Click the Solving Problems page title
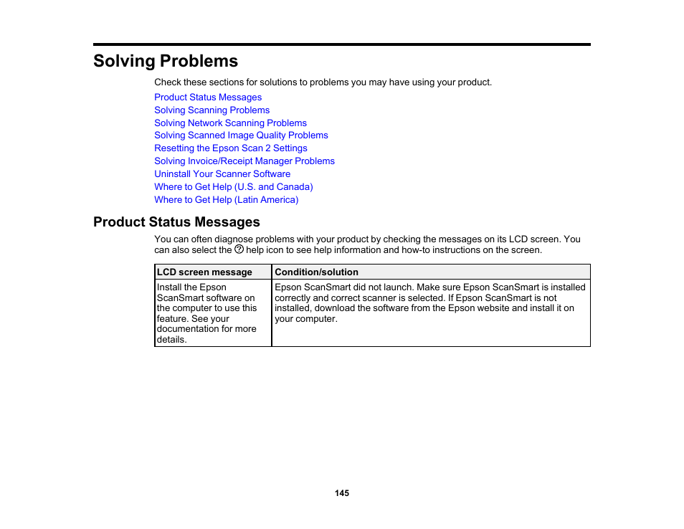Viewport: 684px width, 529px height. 166,61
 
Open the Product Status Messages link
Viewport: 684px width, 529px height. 208,97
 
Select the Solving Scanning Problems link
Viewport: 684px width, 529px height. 212,110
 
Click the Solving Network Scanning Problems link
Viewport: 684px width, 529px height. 230,123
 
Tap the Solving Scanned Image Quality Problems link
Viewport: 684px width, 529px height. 241,135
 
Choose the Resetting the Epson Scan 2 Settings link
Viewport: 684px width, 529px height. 230,148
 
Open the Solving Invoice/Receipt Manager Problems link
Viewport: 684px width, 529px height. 244,161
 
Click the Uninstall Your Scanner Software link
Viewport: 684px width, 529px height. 222,174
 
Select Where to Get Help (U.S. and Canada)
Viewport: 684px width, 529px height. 233,187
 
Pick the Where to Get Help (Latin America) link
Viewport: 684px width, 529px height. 226,200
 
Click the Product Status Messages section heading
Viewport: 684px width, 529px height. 176,221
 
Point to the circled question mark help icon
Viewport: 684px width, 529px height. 239,249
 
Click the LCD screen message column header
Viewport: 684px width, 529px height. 204,272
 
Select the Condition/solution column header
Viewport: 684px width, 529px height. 316,272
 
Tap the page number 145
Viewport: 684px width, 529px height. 342,493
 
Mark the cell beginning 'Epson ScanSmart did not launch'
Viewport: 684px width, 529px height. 429,302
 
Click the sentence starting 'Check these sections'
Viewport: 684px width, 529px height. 323,82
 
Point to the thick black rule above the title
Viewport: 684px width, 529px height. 342,44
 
